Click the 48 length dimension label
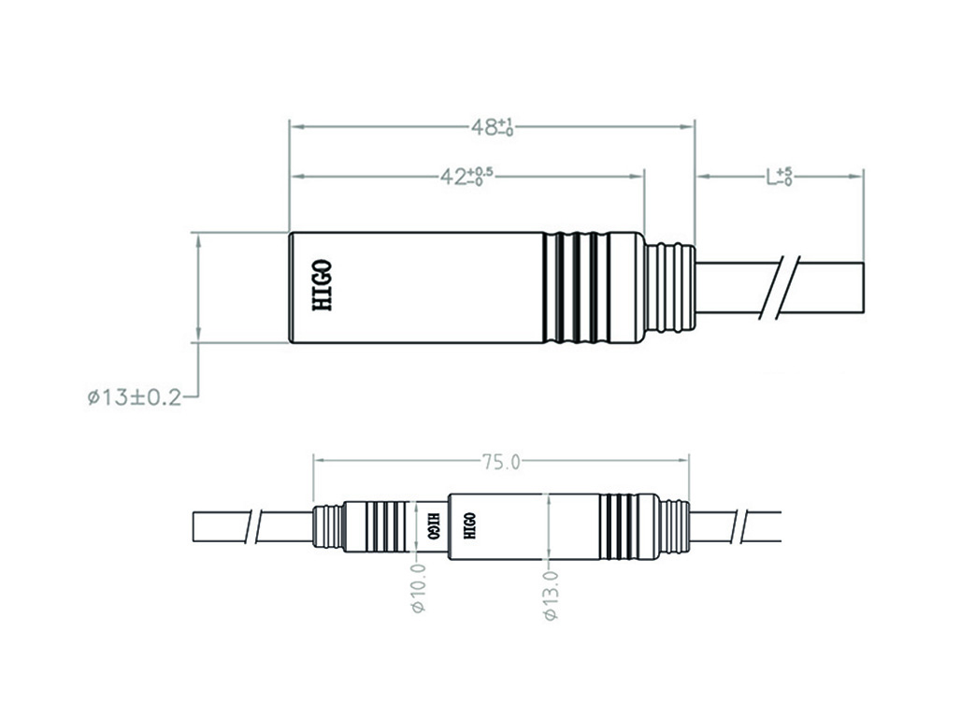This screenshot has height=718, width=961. coord(492,127)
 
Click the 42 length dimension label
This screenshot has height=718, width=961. coord(466,177)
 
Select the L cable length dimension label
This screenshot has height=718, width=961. coord(779,177)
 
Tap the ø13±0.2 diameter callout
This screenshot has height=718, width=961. coord(135,398)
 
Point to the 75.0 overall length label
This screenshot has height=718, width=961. coord(501,462)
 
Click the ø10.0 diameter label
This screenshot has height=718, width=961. coord(419,587)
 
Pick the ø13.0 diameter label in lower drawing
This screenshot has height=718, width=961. coord(551,595)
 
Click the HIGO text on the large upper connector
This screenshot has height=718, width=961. coord(323,286)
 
